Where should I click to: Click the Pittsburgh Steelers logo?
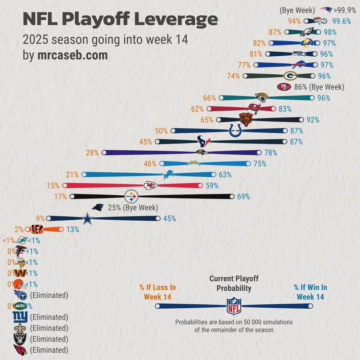point(131,196)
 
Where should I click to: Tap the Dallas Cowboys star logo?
point(86,219)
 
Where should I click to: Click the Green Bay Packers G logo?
point(290,76)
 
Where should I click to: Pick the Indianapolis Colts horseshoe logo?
point(235,130)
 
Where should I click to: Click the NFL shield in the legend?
point(233,306)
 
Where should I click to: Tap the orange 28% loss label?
point(92,153)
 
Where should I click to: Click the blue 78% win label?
point(270,153)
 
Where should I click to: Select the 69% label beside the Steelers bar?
point(243,196)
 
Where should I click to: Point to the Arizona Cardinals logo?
point(20,350)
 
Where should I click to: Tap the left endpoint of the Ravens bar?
point(104,153)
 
